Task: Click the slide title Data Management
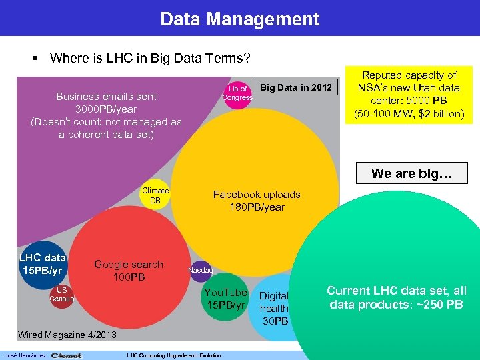240,19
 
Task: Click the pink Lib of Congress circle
237,93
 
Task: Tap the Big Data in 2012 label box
295,88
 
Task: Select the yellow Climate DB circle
155,195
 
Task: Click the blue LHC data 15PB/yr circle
42,263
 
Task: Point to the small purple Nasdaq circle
200,270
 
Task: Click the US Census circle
61,294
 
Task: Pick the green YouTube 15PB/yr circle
225,299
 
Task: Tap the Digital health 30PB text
274,308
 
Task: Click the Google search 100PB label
128,270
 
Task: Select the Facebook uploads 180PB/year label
257,201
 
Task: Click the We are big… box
411,173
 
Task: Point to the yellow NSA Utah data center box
409,94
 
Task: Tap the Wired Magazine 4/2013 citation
67,334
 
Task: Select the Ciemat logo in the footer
66,355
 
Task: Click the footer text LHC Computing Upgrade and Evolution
173,355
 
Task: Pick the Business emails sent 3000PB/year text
106,115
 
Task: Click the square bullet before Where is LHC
36,59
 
